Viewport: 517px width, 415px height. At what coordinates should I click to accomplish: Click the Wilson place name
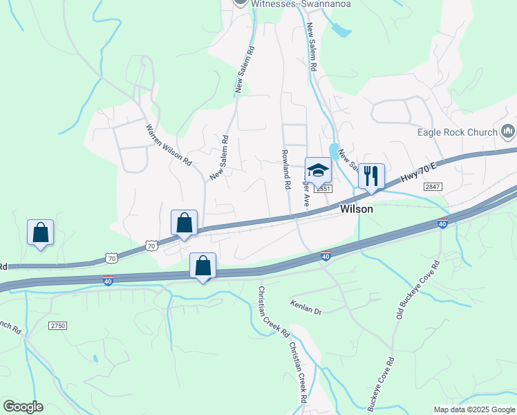[357, 209]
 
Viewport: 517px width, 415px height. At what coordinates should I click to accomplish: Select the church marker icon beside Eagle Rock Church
[508, 131]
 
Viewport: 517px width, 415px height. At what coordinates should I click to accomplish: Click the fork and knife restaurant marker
[371, 177]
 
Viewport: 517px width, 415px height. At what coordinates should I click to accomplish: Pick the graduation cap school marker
[318, 171]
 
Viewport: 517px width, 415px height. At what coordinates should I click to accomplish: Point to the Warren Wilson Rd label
[169, 144]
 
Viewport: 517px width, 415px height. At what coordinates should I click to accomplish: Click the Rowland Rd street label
[285, 170]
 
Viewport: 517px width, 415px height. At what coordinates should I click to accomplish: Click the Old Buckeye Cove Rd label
[418, 290]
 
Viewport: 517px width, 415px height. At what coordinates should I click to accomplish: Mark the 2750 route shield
[57, 325]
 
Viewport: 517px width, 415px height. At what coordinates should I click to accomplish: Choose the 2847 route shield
[433, 187]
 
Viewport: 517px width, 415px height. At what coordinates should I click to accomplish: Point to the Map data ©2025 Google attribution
[474, 409]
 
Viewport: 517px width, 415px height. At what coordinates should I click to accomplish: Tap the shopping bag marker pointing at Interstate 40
[203, 266]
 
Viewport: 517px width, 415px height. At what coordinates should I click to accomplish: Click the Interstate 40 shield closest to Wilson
[326, 256]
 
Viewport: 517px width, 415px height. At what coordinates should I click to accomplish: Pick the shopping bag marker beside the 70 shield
[184, 223]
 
